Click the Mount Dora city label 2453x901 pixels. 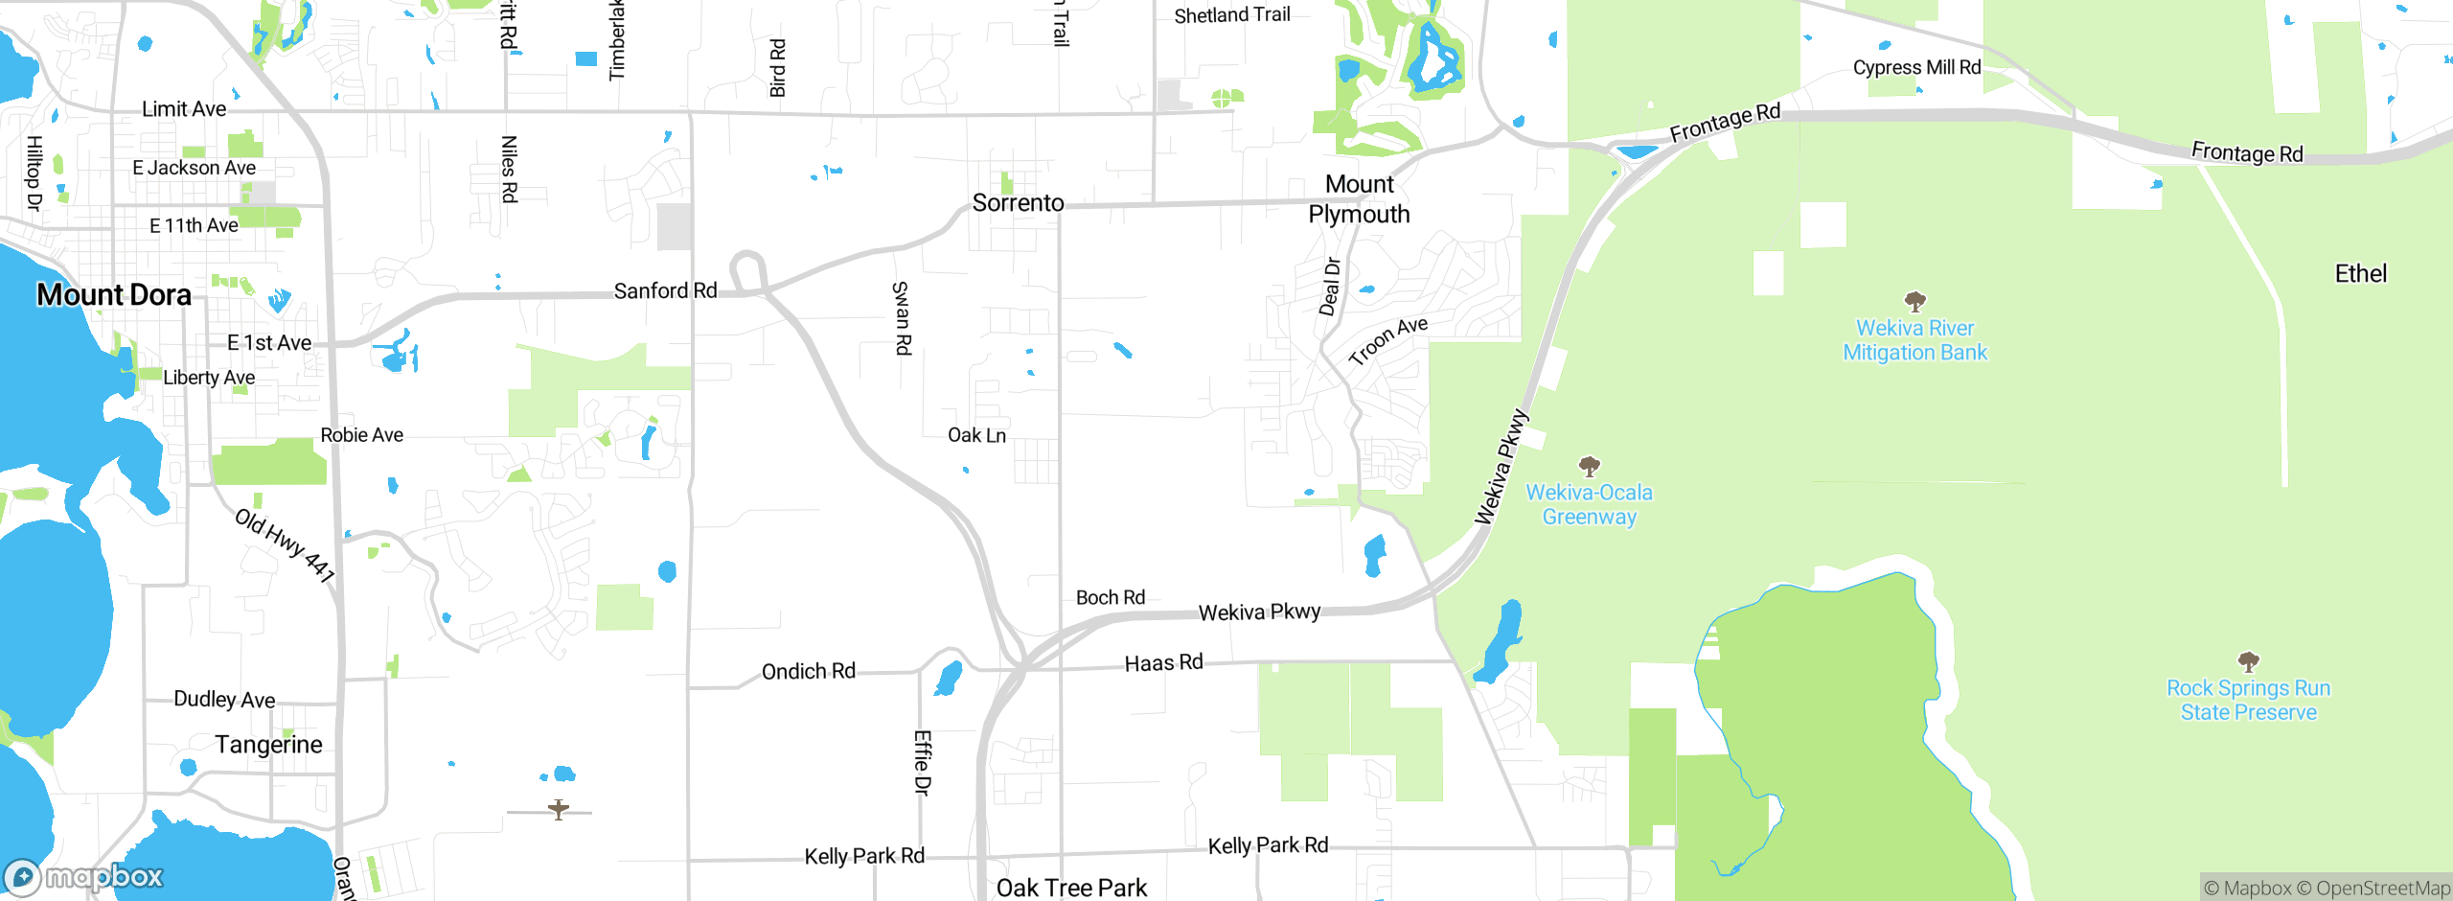[x=114, y=294]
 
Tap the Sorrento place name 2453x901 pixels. [x=1018, y=203]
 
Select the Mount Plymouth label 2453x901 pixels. [x=1359, y=199]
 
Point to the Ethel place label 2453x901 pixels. [x=2360, y=274]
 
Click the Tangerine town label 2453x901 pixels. [x=268, y=745]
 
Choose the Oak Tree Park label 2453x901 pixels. [x=1071, y=888]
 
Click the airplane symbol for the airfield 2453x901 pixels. [x=559, y=810]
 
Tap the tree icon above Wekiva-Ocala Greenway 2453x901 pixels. [x=1590, y=467]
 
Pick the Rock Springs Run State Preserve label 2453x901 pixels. [x=2248, y=700]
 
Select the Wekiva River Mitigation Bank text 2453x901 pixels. [x=1914, y=340]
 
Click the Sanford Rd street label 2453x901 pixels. [x=665, y=290]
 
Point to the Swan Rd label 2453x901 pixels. [x=902, y=318]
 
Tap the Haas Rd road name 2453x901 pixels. [x=1163, y=663]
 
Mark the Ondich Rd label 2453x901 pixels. [x=808, y=672]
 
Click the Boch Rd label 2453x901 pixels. [x=1110, y=598]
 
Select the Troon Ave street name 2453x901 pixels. [x=1387, y=340]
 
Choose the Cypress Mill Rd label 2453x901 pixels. [x=1916, y=67]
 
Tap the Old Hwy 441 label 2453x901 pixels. [x=285, y=545]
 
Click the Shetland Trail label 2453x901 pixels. [x=1231, y=15]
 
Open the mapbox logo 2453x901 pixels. [x=84, y=877]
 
